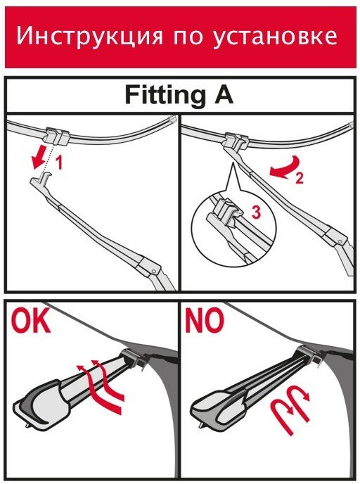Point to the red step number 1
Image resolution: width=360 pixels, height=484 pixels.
(x=58, y=163)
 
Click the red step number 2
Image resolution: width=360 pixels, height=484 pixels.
(x=299, y=178)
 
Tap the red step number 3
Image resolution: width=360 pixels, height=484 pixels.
(x=256, y=212)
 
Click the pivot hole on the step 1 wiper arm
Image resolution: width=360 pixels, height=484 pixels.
(x=153, y=271)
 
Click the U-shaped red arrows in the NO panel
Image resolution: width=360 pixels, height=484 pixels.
(x=291, y=409)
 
